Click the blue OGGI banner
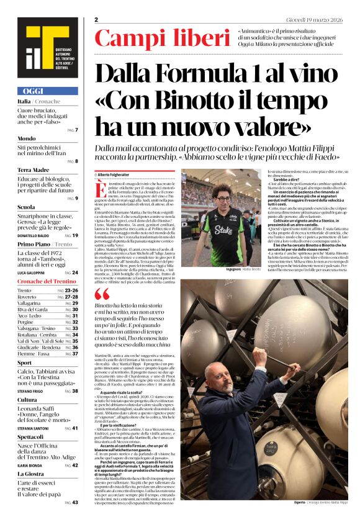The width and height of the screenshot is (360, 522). tap(48, 91)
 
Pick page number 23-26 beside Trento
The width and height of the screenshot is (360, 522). tap(71, 290)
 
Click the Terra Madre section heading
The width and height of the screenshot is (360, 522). tap(34, 169)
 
